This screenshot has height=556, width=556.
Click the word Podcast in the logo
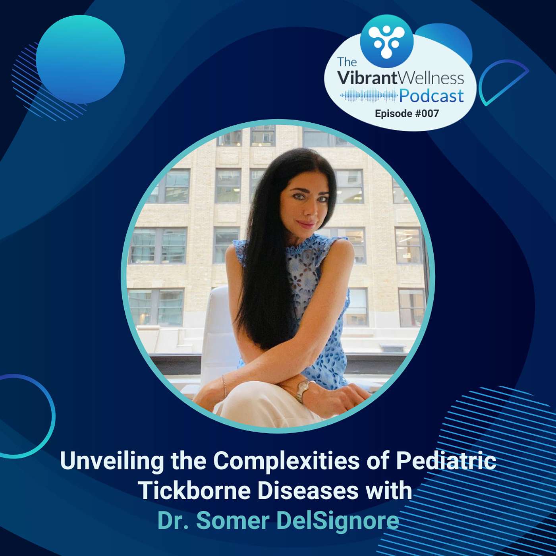click(431, 96)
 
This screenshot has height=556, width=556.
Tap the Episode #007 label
click(407, 114)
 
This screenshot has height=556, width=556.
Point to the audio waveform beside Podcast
click(369, 96)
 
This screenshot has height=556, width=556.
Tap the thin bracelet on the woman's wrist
click(224, 386)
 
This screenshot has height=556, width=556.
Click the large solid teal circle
click(80, 60)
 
